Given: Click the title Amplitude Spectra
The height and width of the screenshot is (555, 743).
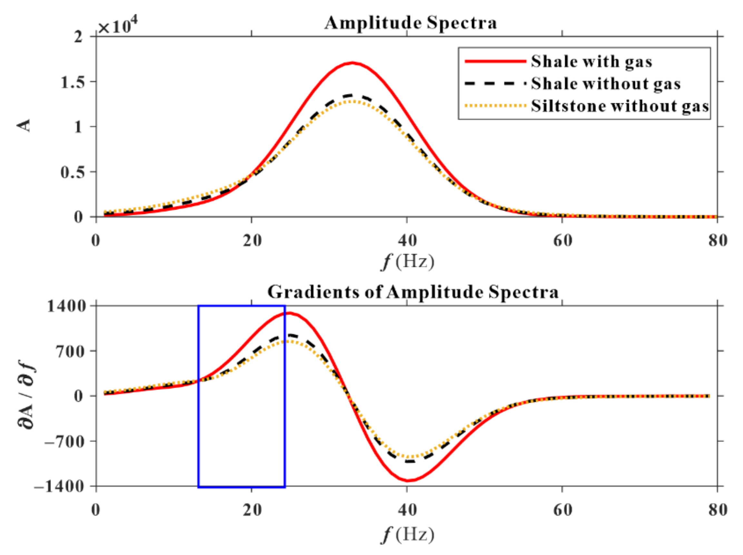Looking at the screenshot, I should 410,23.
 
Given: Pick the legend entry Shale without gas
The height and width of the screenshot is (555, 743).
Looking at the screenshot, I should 606,83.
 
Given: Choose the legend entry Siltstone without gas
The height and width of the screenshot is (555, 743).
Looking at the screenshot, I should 620,106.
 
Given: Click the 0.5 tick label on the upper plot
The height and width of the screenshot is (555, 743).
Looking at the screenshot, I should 73,172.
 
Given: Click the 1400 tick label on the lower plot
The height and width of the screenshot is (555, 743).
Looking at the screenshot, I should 66,306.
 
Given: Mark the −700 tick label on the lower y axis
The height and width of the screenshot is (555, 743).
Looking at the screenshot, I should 64,441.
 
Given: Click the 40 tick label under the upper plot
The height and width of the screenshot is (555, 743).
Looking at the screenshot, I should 407,240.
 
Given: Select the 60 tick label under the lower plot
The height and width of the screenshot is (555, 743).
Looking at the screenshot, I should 562,510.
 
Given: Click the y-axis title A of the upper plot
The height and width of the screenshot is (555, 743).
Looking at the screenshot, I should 24,126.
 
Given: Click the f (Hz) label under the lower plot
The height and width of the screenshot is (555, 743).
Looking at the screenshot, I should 407,534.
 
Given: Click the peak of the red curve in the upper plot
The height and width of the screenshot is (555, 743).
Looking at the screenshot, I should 352,63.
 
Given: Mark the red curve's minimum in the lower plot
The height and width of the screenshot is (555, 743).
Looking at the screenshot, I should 408,480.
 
